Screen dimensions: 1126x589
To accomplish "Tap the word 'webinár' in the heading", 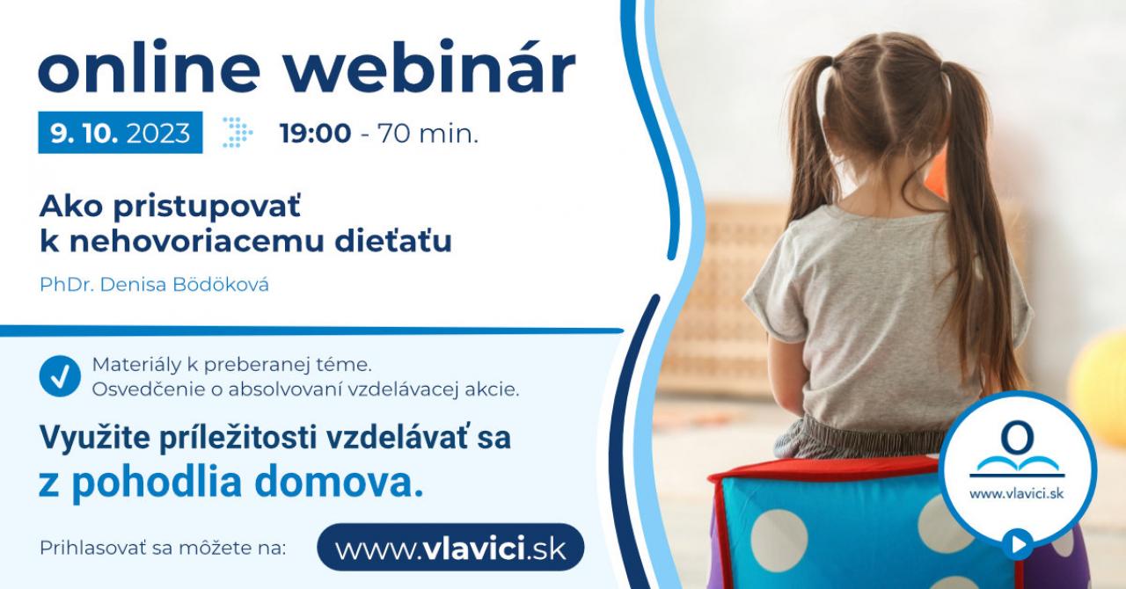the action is [431, 67].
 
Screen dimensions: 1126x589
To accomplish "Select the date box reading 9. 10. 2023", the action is [121, 133].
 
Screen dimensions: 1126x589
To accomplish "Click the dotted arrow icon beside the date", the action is [238, 132].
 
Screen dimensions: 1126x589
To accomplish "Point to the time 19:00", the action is [315, 134].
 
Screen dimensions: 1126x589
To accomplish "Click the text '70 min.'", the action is [428, 134].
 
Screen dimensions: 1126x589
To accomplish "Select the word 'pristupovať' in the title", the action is [207, 207].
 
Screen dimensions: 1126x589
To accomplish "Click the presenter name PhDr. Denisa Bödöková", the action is [154, 285].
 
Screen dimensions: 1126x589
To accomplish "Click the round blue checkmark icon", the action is [60, 376].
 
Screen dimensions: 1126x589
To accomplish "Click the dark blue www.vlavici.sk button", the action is [450, 548].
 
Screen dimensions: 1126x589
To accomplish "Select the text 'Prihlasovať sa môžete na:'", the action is [163, 548].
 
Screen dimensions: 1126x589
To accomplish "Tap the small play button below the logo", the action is [1018, 544].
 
